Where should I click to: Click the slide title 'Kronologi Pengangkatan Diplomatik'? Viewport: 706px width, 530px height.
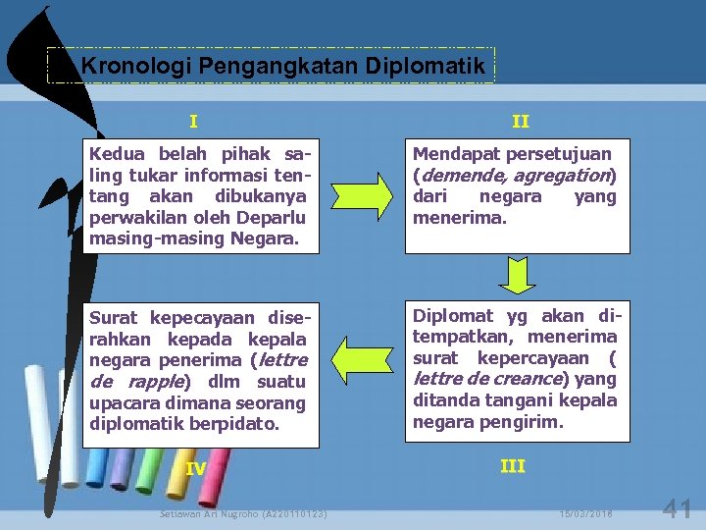point(283,67)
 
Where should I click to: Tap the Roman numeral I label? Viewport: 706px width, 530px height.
point(193,122)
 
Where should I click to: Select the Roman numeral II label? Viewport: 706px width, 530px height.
point(521,122)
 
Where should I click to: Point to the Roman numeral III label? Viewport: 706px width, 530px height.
point(513,466)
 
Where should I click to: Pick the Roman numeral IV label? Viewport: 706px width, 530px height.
point(196,469)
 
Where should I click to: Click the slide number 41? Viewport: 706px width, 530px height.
point(678,508)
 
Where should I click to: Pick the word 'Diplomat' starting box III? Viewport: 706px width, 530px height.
point(453,315)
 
